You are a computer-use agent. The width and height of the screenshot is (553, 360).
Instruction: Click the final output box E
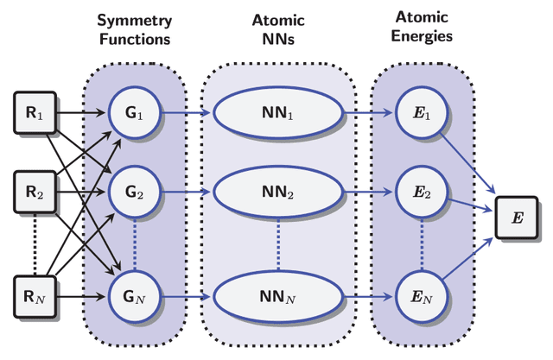pyautogui.click(x=517, y=217)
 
